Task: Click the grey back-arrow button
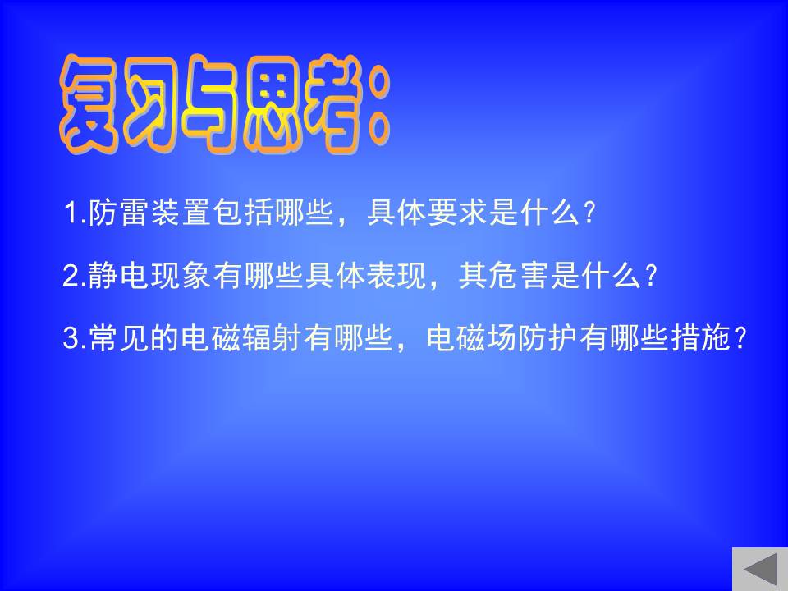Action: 760,570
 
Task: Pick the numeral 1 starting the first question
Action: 71,213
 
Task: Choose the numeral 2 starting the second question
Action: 70,276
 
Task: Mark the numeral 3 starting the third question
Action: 71,337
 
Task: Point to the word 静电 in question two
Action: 119,275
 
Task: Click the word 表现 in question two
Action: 396,275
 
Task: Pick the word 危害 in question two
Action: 518,275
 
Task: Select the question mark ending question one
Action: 590,213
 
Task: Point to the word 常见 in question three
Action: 119,337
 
